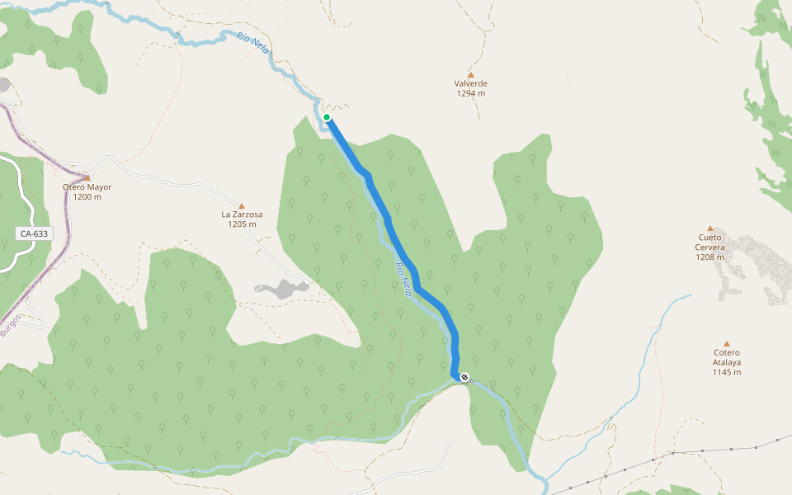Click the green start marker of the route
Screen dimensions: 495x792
[x=327, y=118]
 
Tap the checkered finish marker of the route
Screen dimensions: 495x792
[x=464, y=377]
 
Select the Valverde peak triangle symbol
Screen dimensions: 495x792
[x=471, y=74]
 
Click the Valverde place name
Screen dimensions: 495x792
[x=471, y=84]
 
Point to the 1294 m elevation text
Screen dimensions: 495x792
[x=471, y=94]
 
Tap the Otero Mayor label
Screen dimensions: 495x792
[x=87, y=187]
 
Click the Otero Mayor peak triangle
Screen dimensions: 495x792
[x=87, y=177]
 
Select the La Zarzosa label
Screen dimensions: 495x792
[x=242, y=214]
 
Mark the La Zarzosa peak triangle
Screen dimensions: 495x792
[x=242, y=205]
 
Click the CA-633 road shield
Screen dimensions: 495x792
[x=35, y=233]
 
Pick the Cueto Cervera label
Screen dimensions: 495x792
[x=709, y=243]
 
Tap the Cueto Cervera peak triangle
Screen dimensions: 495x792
[x=709, y=228]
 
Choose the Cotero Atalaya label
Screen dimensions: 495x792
[x=727, y=357]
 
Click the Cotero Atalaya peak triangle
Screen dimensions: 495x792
[x=727, y=343]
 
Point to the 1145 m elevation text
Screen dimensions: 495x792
[x=727, y=372]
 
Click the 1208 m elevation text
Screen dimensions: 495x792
[x=709, y=257]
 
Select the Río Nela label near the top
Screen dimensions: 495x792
[x=253, y=41]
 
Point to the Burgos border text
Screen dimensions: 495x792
[x=9, y=326]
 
